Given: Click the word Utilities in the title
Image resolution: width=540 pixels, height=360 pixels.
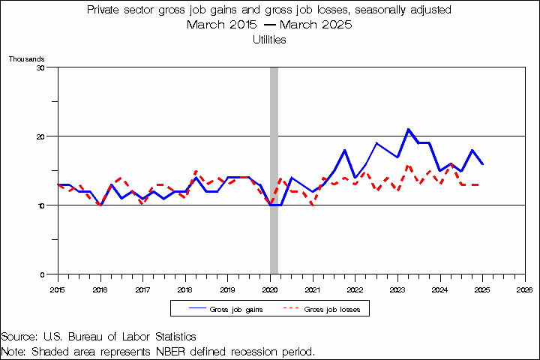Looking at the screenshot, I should pyautogui.click(x=270, y=40).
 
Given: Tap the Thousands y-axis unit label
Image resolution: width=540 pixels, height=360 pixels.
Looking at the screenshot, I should pyautogui.click(x=27, y=58).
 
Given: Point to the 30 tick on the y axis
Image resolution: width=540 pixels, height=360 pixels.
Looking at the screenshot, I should pyautogui.click(x=41, y=67).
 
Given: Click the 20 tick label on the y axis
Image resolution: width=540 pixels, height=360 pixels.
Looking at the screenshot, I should pyautogui.click(x=41, y=136).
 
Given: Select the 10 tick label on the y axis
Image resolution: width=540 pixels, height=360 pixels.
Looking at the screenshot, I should pyautogui.click(x=41, y=205).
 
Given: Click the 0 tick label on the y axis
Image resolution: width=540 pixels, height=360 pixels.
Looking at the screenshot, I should pyautogui.click(x=43, y=274).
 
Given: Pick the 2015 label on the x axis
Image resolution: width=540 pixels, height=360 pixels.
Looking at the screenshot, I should pyautogui.click(x=58, y=289).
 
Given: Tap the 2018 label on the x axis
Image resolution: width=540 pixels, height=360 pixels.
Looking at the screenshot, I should pyautogui.click(x=184, y=289).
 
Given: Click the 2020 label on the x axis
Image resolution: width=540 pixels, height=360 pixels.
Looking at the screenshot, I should pyautogui.click(x=270, y=289).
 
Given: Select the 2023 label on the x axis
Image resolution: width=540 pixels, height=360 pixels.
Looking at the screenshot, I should pyautogui.click(x=397, y=289).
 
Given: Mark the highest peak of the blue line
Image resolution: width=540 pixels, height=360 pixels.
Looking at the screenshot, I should pyautogui.click(x=408, y=129).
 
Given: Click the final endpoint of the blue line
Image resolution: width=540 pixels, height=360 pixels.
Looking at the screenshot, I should pyautogui.click(x=482, y=163).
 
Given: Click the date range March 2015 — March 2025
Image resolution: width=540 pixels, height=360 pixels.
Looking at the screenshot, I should pyautogui.click(x=270, y=25).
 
